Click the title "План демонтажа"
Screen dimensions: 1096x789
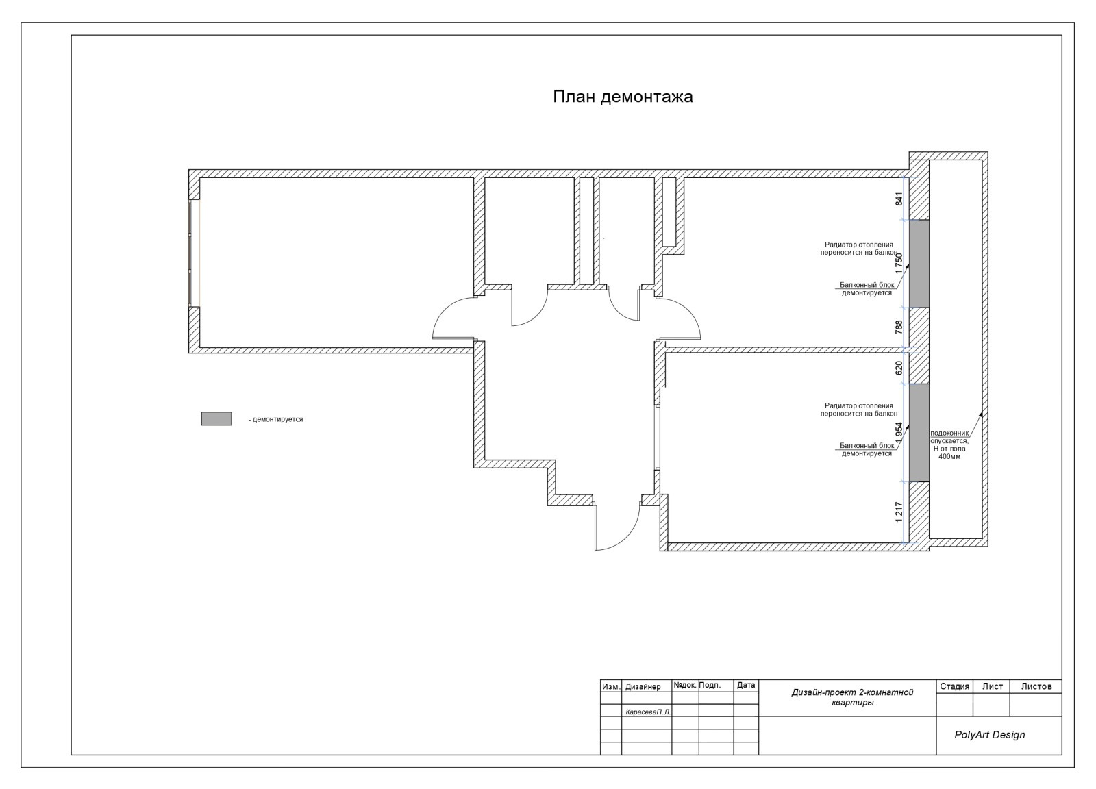[x=623, y=97]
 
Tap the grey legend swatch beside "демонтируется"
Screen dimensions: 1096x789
[x=216, y=418]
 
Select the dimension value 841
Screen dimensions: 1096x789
[x=899, y=199]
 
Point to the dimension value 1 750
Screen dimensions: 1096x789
[x=899, y=264]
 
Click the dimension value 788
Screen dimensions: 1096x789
[x=899, y=328]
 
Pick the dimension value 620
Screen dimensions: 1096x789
[x=899, y=368]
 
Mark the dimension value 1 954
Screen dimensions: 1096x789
[x=899, y=434]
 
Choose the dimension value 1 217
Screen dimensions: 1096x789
[x=899, y=512]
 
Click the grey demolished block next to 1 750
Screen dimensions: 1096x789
[x=919, y=264]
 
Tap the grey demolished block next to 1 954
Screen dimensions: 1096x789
[x=919, y=433]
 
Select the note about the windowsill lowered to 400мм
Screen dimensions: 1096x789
[x=949, y=445]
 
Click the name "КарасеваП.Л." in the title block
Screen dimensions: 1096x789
[x=648, y=712]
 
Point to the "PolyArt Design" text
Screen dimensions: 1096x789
[x=989, y=735]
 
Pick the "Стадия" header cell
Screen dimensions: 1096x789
[x=954, y=686]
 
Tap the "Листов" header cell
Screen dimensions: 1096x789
[x=1036, y=686]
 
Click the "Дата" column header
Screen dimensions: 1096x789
[x=746, y=686]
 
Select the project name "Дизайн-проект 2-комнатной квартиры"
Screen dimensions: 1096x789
[x=852, y=697]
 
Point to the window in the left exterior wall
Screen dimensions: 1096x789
[x=195, y=253]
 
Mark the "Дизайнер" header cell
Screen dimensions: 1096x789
[x=643, y=687]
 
